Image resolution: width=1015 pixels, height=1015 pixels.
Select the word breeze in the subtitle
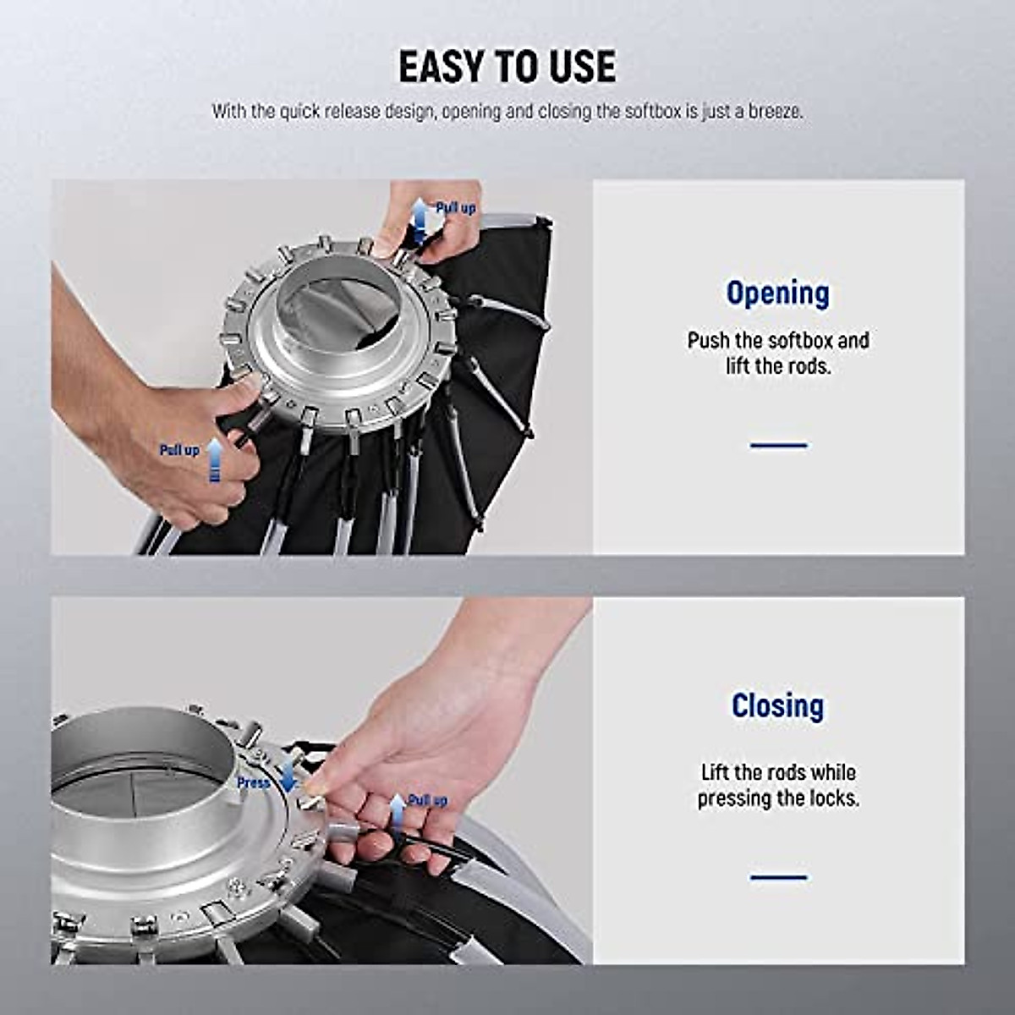coord(773,112)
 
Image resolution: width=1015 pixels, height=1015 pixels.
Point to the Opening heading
coord(777,294)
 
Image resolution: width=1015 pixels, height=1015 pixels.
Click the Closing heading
coord(777,705)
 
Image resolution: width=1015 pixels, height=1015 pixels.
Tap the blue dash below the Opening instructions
coord(778,445)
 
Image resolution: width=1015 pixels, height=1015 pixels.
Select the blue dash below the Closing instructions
coord(778,877)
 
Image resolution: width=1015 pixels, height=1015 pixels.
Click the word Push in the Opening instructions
coord(708,341)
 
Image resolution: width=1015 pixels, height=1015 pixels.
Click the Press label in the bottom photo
coord(253,783)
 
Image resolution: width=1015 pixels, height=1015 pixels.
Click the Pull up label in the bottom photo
coord(428,800)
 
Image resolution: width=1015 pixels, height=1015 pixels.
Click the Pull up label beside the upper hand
coord(456,208)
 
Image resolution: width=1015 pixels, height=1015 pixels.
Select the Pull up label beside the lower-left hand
coord(179,450)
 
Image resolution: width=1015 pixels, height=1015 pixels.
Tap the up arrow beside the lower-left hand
coord(215,460)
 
